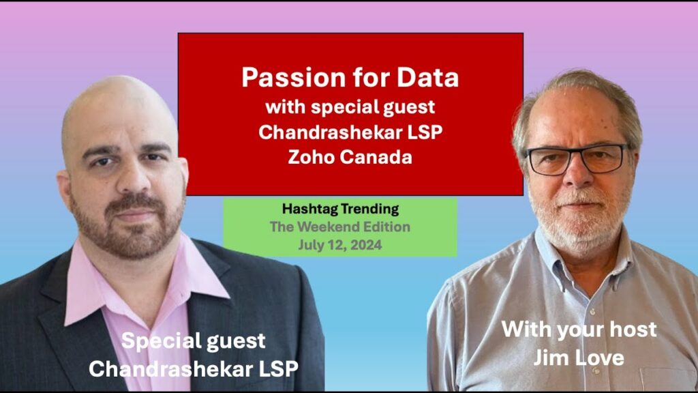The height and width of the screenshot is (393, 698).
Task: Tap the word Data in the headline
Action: [x=428, y=78]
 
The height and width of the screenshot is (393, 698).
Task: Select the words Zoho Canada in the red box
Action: [x=350, y=157]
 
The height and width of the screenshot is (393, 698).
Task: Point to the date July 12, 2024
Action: [x=339, y=245]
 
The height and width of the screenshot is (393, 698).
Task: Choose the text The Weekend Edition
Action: [x=340, y=227]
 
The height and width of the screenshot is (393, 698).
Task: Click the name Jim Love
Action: [x=579, y=358]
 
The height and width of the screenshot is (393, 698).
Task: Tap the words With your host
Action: [x=579, y=330]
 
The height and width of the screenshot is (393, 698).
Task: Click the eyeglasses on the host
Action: [x=576, y=158]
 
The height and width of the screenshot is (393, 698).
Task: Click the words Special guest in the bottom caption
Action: [x=193, y=341]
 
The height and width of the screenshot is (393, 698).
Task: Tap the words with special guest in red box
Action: [x=350, y=107]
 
